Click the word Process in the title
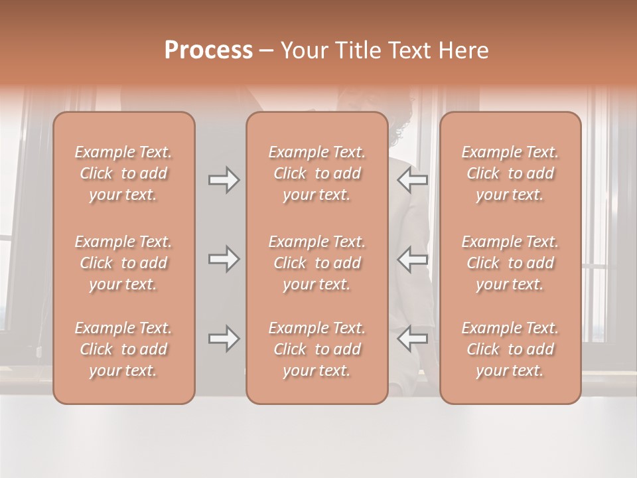click(208, 50)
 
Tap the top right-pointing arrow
click(224, 180)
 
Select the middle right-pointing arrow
click(224, 259)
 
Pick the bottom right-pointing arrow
click(224, 339)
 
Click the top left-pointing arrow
click(413, 180)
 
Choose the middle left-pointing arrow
click(413, 259)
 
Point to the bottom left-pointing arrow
click(413, 339)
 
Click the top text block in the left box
click(123, 173)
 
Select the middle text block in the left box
click(123, 263)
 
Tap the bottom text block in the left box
click(123, 349)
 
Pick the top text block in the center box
click(317, 173)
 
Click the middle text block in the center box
click(317, 263)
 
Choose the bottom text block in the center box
click(317, 349)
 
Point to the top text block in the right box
click(510, 173)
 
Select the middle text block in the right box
click(510, 263)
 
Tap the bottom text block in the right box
click(510, 349)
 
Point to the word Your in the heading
click(303, 50)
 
